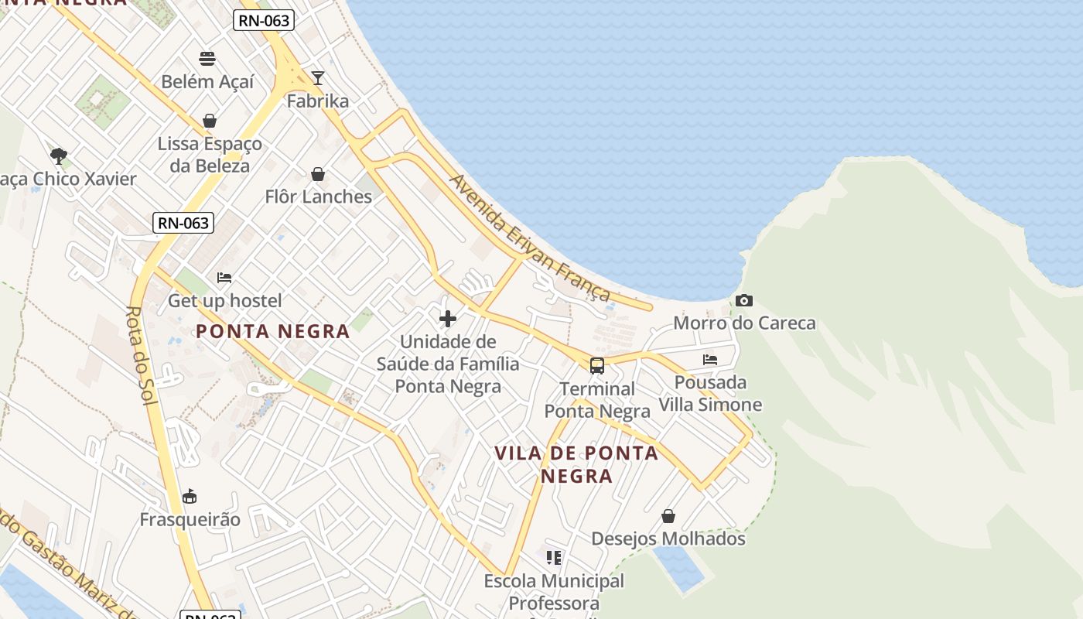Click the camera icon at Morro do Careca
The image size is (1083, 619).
pyautogui.click(x=744, y=300)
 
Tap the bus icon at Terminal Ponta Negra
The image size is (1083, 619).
pyautogui.click(x=597, y=366)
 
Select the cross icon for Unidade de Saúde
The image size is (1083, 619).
pyautogui.click(x=447, y=318)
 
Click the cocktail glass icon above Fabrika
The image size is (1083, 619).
pyautogui.click(x=317, y=77)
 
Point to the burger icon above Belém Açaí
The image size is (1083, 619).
pyautogui.click(x=207, y=59)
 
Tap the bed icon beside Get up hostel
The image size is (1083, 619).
pyautogui.click(x=224, y=277)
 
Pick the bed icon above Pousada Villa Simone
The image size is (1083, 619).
pyautogui.click(x=710, y=360)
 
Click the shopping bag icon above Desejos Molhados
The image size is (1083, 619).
pyautogui.click(x=668, y=516)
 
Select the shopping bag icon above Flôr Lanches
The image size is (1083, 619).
pyautogui.click(x=317, y=174)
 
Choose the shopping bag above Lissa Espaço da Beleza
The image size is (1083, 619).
pyautogui.click(x=209, y=121)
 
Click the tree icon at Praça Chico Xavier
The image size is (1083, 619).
pyautogui.click(x=58, y=156)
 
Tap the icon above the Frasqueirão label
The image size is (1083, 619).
pyautogui.click(x=190, y=496)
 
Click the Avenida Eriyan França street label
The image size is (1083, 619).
pyautogui.click(x=531, y=238)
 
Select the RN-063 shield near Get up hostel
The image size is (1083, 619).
pyautogui.click(x=183, y=223)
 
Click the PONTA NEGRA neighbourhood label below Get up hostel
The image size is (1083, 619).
pyautogui.click(x=272, y=332)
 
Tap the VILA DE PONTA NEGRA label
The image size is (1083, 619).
pyautogui.click(x=576, y=463)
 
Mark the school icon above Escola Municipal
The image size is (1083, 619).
pyautogui.click(x=554, y=557)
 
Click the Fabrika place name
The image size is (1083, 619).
pyautogui.click(x=317, y=101)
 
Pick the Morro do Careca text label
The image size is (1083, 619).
pyautogui.click(x=744, y=323)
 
